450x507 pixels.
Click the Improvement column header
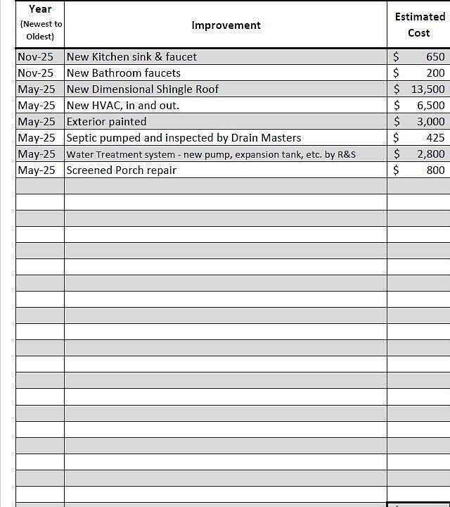pos(226,25)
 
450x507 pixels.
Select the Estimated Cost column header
pos(419,25)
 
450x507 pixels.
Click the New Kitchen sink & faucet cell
pos(131,57)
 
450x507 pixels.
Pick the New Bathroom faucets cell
pos(124,73)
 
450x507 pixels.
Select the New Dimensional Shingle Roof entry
pos(143,89)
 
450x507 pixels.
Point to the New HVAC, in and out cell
pos(123,106)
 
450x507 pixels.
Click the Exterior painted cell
pos(107,122)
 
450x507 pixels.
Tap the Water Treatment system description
pos(211,154)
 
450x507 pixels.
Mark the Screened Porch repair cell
pos(122,170)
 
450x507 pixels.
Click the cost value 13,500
pos(428,89)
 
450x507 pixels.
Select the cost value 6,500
pos(431,106)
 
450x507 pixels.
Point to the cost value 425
pos(435,138)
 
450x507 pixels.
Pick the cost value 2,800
pos(431,154)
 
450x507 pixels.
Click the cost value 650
pos(435,57)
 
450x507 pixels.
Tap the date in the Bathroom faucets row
pos(36,73)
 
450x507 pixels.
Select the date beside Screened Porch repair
pos(37,170)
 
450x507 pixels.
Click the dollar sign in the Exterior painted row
pos(397,122)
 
